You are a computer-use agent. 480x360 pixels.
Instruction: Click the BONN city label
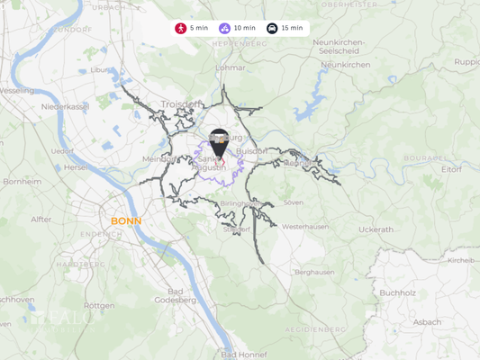126,220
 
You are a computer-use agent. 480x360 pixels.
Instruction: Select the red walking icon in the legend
181,29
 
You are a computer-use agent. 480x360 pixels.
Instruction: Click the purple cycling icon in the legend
224,29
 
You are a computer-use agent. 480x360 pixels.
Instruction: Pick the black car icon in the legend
272,29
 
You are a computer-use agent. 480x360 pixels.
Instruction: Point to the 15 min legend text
292,29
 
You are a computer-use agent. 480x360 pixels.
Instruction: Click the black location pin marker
219,144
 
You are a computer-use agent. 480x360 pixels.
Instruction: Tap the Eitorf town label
452,168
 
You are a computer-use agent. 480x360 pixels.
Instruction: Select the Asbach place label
427,321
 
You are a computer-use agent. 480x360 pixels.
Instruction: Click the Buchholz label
397,292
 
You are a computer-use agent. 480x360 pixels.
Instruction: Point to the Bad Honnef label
243,355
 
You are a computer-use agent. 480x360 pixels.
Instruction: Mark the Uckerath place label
376,229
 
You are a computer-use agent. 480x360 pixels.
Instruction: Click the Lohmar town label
231,67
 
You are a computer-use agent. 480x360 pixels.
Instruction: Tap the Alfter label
41,219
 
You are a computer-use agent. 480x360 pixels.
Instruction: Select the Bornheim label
22,181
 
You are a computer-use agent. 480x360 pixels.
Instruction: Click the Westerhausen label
306,227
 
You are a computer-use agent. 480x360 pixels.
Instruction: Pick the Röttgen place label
99,306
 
